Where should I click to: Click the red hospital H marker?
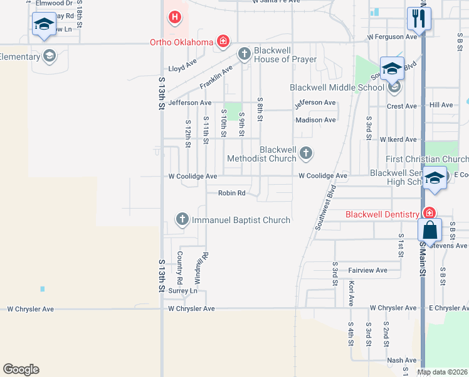point(175,18)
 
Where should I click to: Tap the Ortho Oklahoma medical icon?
point(222,42)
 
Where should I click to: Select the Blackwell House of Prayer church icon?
point(245,55)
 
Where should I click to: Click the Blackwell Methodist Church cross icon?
point(305,152)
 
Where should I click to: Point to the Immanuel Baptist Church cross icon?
point(182,219)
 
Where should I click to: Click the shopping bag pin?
point(431,231)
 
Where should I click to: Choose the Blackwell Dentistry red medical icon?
point(429,214)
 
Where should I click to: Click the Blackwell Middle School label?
point(337,87)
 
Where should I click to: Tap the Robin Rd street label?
point(231,193)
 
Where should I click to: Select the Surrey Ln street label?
point(182,291)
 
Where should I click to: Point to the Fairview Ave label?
point(367,270)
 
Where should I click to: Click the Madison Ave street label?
point(315,119)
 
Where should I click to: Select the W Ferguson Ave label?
point(393,37)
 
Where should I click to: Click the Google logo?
point(21,369)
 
